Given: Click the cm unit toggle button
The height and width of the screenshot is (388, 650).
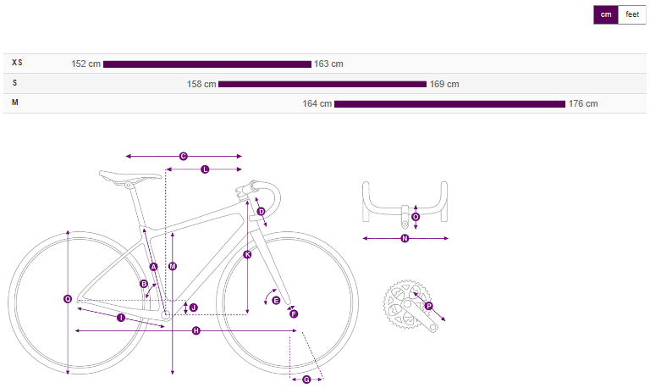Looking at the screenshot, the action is pyautogui.click(x=606, y=15).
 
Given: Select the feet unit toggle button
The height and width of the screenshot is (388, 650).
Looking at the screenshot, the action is pyautogui.click(x=632, y=15).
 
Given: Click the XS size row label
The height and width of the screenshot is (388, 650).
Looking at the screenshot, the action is pyautogui.click(x=17, y=63).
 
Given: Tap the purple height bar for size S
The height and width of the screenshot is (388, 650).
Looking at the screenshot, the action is pyautogui.click(x=322, y=84).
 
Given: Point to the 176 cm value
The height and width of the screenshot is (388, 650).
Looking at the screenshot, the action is pyautogui.click(x=583, y=103).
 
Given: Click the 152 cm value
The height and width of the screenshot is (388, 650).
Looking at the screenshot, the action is pyautogui.click(x=85, y=64).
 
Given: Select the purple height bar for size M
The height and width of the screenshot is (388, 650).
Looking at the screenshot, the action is pyautogui.click(x=449, y=103).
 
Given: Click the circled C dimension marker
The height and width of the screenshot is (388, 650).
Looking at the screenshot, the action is pyautogui.click(x=183, y=157).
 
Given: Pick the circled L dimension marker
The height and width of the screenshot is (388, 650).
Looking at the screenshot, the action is pyautogui.click(x=205, y=169).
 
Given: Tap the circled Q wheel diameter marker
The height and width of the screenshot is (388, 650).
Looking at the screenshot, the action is pyautogui.click(x=68, y=299).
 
